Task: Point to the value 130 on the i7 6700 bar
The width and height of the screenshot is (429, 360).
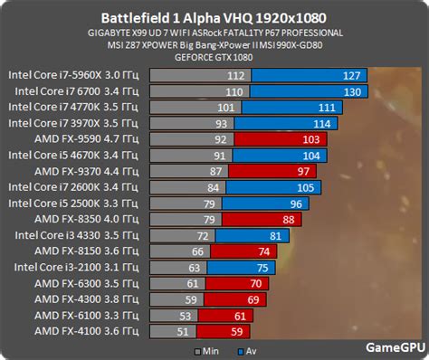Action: click(x=353, y=92)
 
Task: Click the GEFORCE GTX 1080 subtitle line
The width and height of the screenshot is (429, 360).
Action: click(x=214, y=56)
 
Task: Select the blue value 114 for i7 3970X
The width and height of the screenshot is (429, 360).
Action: click(x=319, y=124)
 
